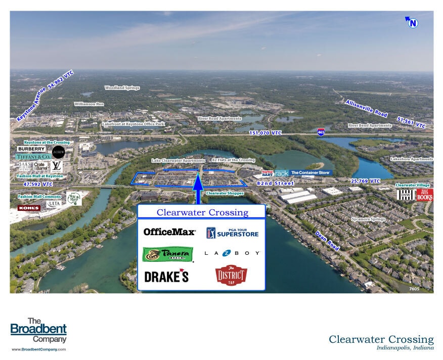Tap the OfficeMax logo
coord(169,232)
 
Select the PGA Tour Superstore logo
coord(232,233)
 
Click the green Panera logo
coord(168,254)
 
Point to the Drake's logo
coord(166,277)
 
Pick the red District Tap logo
coord(231,276)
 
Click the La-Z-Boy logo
coord(232,253)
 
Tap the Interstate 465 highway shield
coord(321,132)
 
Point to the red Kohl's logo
coord(29,208)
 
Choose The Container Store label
coord(310,173)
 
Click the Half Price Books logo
coord(425,195)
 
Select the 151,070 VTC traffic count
coord(265,132)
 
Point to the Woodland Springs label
coord(122,87)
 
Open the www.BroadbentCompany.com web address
coord(38,349)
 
